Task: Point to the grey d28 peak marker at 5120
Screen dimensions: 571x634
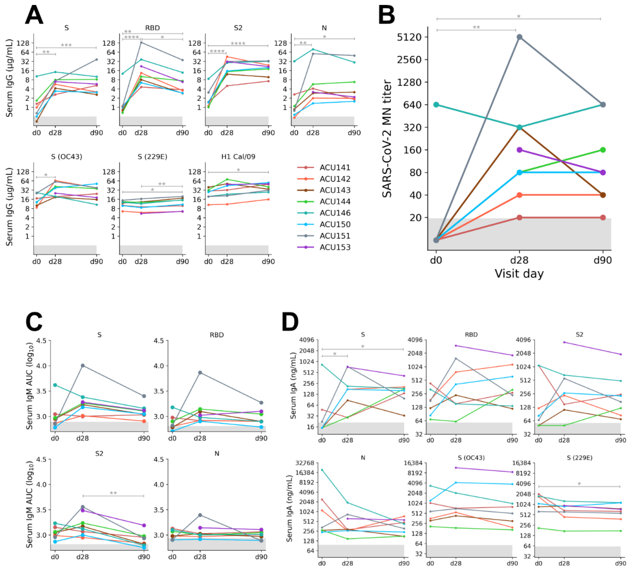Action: [x=519, y=37]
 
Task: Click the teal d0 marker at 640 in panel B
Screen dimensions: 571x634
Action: [x=436, y=104]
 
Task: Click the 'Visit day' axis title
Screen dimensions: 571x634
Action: [x=519, y=274]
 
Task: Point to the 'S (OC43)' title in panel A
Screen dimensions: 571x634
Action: [x=66, y=157]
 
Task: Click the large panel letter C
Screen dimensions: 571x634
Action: [x=34, y=322]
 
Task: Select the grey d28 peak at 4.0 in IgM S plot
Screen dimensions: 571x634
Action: [x=82, y=366]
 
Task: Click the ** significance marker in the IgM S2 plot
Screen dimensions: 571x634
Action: [x=113, y=493]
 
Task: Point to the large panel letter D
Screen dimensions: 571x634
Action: [x=290, y=322]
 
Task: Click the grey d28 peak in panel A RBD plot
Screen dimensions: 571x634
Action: [x=141, y=42]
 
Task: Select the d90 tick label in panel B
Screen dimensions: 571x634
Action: [x=603, y=260]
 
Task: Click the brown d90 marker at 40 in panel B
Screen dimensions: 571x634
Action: [x=603, y=195]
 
